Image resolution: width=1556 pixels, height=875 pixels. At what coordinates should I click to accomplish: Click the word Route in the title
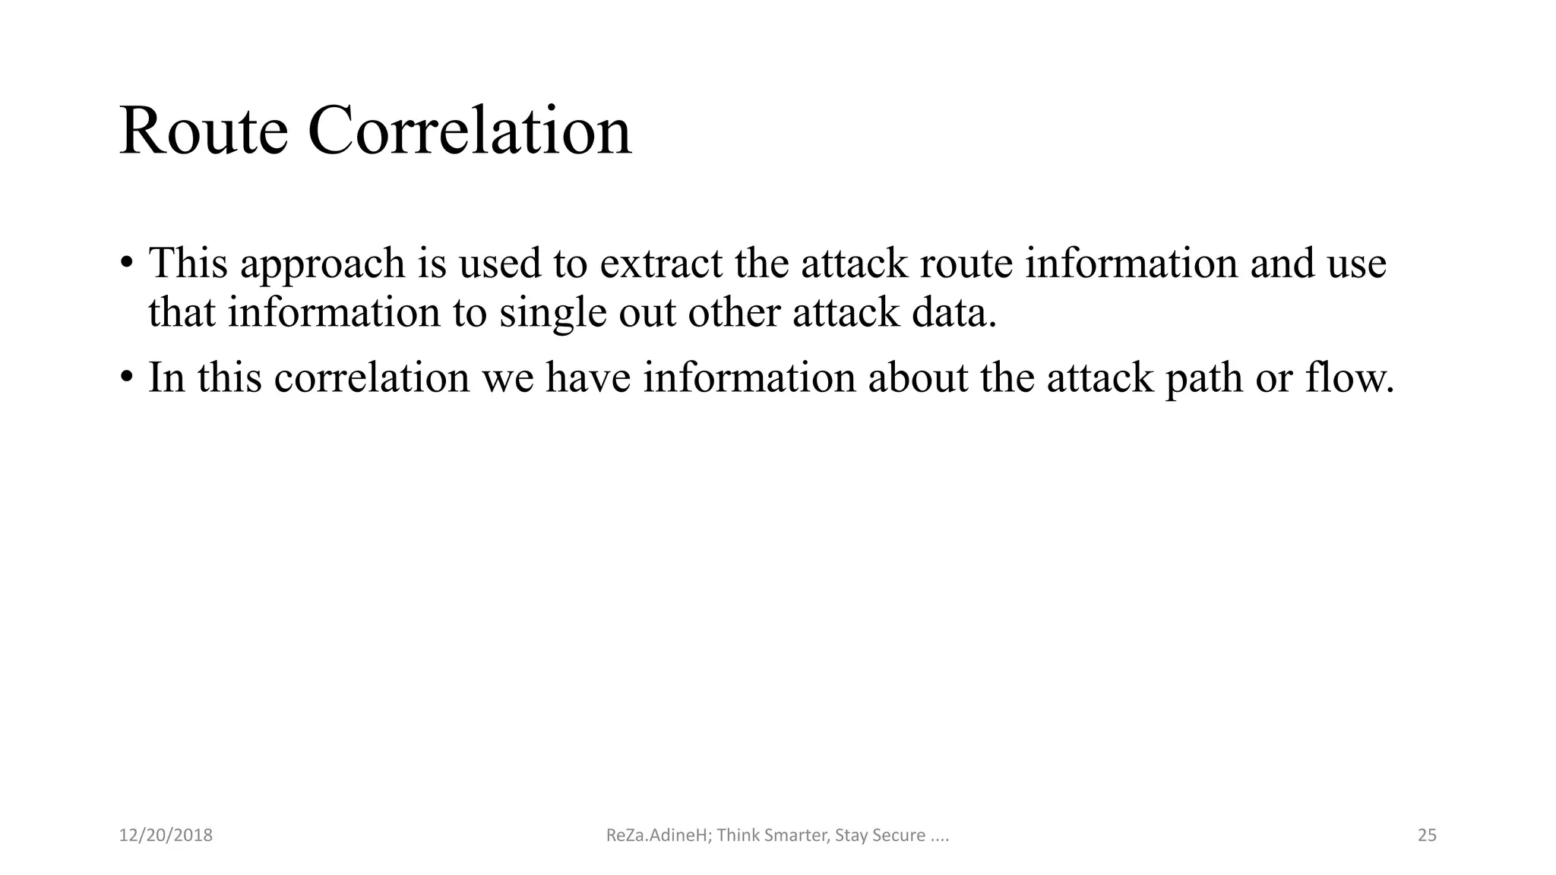tap(204, 131)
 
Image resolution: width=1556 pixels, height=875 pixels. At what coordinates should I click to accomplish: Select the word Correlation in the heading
tap(470, 131)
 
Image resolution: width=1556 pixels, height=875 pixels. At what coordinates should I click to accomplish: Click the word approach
tap(323, 264)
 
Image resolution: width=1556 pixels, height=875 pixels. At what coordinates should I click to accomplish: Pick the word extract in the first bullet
tap(661, 263)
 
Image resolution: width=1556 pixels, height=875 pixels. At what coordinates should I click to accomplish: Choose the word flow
tap(1349, 377)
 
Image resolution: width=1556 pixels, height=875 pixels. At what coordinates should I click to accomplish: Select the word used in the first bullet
tap(500, 263)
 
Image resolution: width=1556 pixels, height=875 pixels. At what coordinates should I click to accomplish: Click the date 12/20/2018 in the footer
tap(166, 836)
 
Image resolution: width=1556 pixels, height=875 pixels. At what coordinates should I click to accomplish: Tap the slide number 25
tap(1427, 836)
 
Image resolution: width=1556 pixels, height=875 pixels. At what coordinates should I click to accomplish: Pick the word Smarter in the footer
tap(789, 836)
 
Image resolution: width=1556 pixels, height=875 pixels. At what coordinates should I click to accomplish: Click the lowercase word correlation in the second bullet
tap(372, 377)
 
